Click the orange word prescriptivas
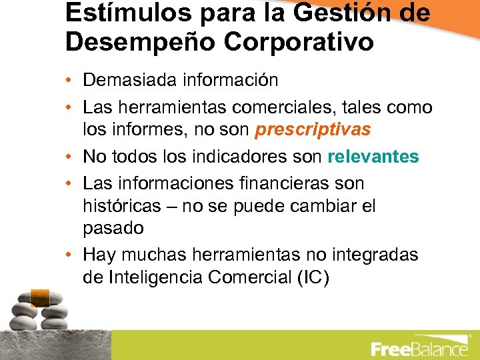313,129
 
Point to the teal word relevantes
373,157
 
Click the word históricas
121,206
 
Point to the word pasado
113,229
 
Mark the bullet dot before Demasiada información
70,81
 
